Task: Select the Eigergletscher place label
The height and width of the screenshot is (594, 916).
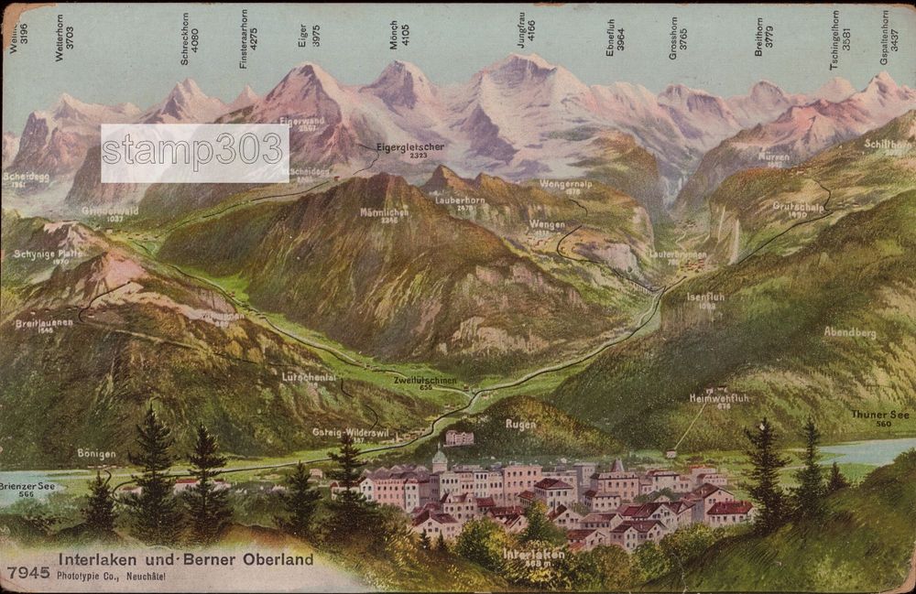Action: pos(409,147)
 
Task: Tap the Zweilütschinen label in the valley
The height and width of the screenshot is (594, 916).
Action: pos(424,381)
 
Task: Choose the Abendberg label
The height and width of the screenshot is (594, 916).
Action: pos(849,332)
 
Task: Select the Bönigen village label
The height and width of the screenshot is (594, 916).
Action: pos(96,453)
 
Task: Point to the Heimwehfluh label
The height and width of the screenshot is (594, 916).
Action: pos(719,399)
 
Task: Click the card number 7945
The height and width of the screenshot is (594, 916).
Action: pos(27,572)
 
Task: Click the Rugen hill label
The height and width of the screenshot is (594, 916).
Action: pos(520,424)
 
